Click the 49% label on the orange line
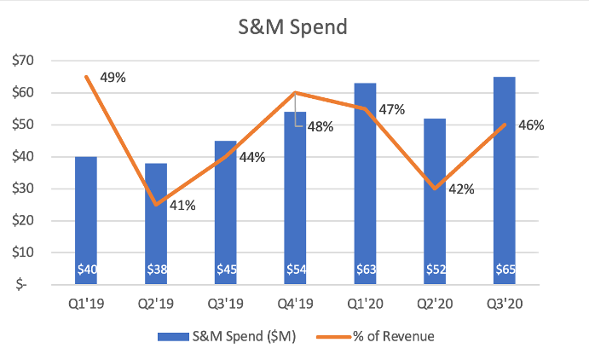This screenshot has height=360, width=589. tap(113, 78)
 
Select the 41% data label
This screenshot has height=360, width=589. tap(182, 205)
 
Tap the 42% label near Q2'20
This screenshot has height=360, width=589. tap(461, 189)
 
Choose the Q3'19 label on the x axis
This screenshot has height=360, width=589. tap(225, 302)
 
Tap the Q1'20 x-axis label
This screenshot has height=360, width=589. tap(364, 302)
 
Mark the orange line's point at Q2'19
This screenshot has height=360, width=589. tap(155, 205)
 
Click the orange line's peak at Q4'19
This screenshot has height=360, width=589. tap(295, 92)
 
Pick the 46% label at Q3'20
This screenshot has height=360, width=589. tap(531, 125)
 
